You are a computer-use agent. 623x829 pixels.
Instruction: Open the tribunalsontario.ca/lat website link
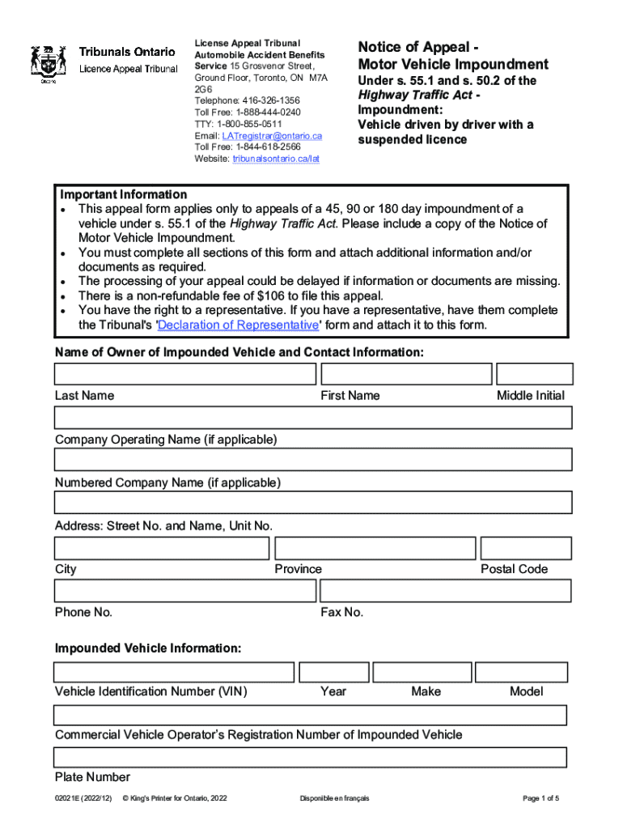(276, 159)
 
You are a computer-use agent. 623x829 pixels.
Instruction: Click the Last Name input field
(185, 374)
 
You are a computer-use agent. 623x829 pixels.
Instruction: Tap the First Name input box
(406, 374)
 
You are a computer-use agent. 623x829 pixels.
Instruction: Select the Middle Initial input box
(534, 374)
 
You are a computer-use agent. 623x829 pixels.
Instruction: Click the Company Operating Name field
(313, 417)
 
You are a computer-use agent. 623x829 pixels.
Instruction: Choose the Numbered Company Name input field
(313, 460)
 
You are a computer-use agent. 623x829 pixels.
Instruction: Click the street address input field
(313, 503)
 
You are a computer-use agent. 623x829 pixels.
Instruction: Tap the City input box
(162, 548)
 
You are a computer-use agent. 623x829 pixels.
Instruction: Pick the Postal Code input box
(526, 548)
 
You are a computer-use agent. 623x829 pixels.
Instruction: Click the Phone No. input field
(185, 591)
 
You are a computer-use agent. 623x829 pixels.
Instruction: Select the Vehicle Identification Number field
(174, 672)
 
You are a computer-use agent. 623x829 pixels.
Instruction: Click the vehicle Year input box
(333, 672)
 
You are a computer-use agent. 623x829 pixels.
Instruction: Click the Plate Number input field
(310, 758)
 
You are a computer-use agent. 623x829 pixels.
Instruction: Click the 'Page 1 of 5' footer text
(540, 798)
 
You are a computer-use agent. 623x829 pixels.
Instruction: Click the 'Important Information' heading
(124, 194)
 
